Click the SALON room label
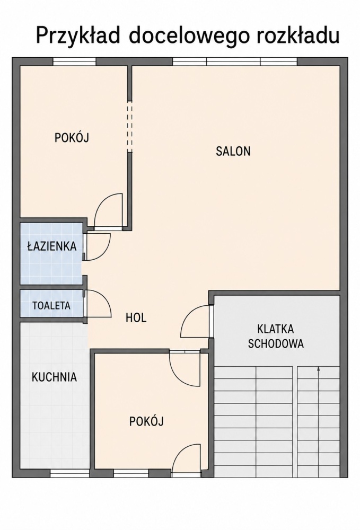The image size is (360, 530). [x=233, y=151]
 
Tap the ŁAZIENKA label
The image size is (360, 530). [x=52, y=246]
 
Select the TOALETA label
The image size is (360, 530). [x=51, y=306]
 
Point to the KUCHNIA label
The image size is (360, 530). [x=54, y=377]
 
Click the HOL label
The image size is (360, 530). [x=136, y=317]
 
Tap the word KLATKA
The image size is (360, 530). [x=276, y=329]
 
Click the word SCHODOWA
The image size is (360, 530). [x=276, y=343]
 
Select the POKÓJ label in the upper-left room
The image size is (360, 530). [x=72, y=138]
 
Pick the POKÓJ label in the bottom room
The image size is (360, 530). [x=146, y=421]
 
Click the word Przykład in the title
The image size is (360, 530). [x=78, y=36]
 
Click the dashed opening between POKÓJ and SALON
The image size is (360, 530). [x=130, y=126]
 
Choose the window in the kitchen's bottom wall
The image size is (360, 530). [x=70, y=473]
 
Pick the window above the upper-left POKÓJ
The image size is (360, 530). [x=75, y=61]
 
